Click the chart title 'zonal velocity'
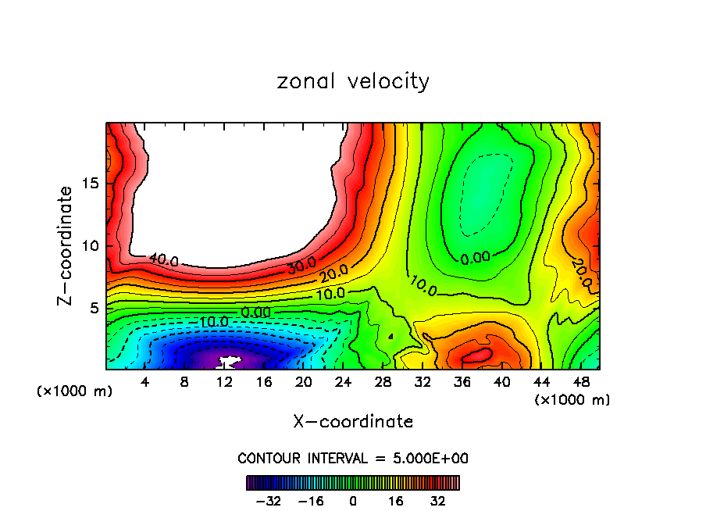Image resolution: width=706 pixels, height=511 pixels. click(353, 81)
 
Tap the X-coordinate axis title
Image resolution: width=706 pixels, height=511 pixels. click(353, 422)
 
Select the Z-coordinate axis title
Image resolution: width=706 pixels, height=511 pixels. click(66, 245)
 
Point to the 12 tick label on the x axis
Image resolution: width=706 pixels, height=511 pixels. click(224, 382)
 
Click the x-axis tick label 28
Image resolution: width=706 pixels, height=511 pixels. click(383, 382)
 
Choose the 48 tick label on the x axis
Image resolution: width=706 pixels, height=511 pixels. click(580, 382)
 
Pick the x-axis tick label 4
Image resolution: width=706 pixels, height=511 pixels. click(145, 382)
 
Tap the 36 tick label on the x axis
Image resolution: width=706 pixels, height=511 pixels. click(462, 382)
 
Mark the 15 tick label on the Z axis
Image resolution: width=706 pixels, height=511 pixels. click(91, 184)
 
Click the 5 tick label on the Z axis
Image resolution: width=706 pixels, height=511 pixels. click(94, 308)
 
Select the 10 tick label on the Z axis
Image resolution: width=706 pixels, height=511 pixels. click(91, 245)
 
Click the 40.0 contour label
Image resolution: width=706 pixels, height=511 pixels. click(163, 260)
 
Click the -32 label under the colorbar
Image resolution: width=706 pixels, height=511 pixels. click(267, 501)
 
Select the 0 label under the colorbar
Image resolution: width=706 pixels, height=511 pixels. click(353, 501)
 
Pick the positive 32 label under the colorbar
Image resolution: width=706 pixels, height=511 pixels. click(438, 501)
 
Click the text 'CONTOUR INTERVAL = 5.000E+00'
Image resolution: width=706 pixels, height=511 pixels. click(353, 459)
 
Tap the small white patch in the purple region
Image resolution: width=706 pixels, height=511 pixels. click(227, 363)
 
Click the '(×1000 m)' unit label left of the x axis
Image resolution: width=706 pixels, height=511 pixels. click(75, 391)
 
